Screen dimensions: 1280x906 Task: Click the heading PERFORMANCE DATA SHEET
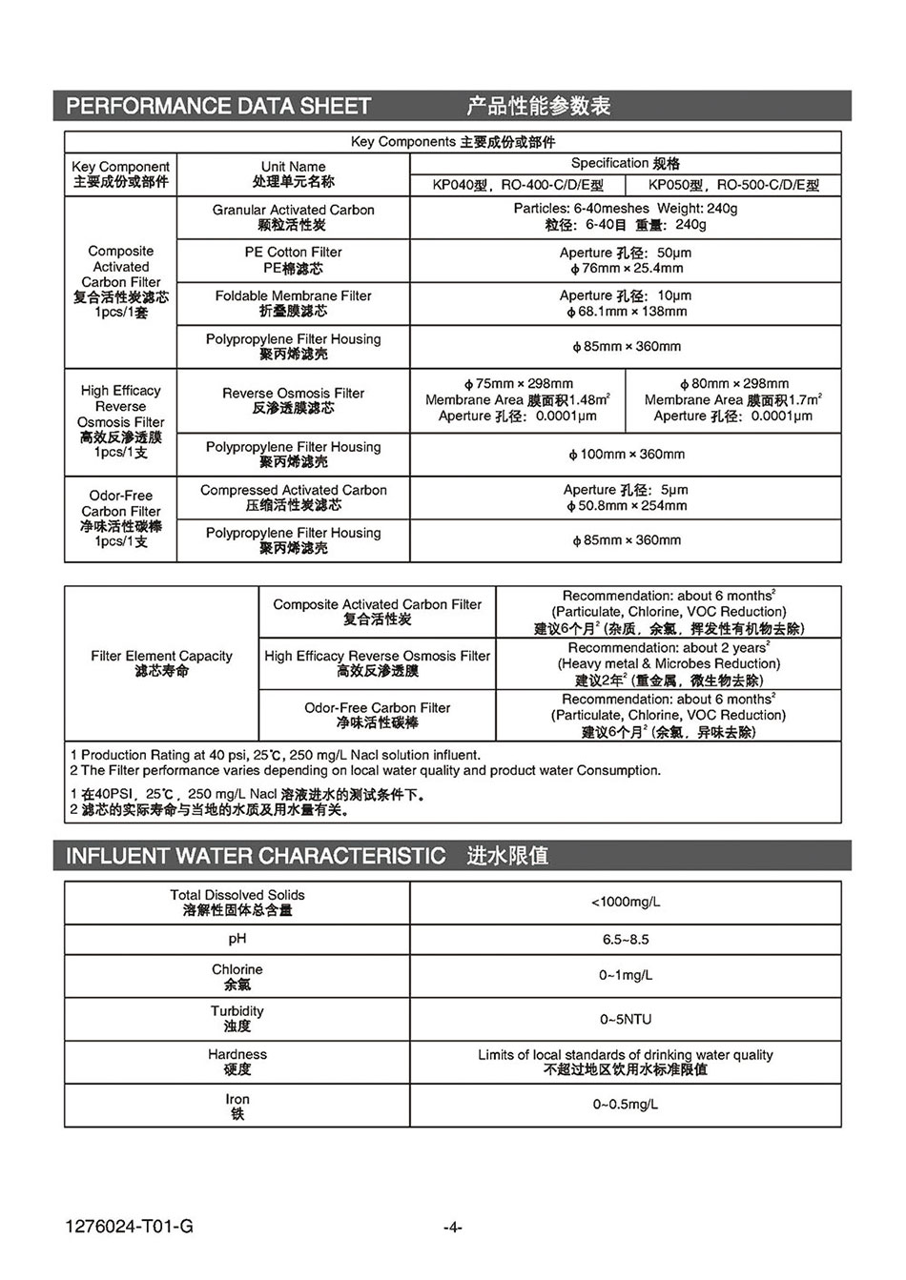pyautogui.click(x=218, y=106)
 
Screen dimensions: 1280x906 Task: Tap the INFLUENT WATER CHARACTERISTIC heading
pyautogui.click(x=256, y=855)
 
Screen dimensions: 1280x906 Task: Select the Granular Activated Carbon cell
pyautogui.click(x=293, y=217)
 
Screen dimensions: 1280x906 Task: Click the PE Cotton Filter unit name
pyautogui.click(x=293, y=260)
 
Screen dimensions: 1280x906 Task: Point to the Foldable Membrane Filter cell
pyautogui.click(x=293, y=303)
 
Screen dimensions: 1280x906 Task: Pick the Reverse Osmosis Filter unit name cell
pyautogui.click(x=293, y=400)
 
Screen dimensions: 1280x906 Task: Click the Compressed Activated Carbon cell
pyautogui.click(x=293, y=498)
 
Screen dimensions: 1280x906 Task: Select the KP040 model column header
pyautogui.click(x=518, y=185)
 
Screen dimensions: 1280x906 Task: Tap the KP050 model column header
pyautogui.click(x=733, y=185)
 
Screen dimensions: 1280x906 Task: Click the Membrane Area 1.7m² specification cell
pyautogui.click(x=733, y=400)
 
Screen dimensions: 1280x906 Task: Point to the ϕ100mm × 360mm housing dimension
pyautogui.click(x=626, y=455)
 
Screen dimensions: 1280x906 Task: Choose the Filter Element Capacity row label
pyautogui.click(x=161, y=663)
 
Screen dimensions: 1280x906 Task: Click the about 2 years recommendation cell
pyautogui.click(x=669, y=663)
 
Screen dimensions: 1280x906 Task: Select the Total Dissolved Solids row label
pyautogui.click(x=237, y=903)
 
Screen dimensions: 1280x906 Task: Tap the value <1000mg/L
pyautogui.click(x=626, y=902)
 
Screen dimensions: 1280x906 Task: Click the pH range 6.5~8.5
pyautogui.click(x=626, y=940)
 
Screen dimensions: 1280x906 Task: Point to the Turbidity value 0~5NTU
pyautogui.click(x=626, y=1019)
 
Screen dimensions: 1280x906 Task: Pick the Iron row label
pyautogui.click(x=237, y=1106)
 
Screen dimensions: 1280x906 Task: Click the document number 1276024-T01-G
pyautogui.click(x=130, y=1227)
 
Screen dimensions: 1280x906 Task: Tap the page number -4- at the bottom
pyautogui.click(x=453, y=1228)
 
